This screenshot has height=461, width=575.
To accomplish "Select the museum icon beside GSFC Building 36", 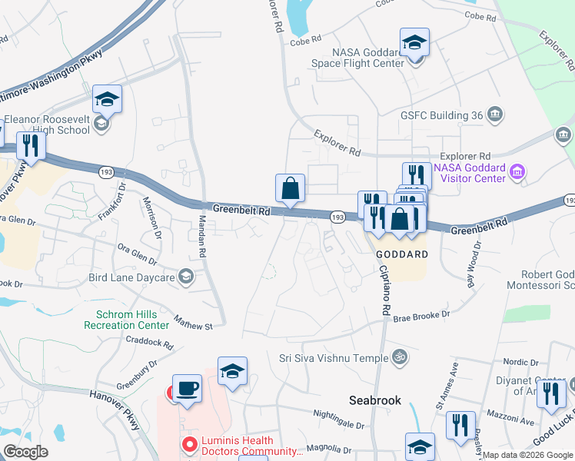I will pos(495,115).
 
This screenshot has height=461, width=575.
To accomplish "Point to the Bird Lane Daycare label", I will pos(132,276).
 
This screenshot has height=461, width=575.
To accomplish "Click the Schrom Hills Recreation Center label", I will pos(133,320).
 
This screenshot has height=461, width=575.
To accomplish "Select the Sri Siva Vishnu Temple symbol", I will pos(398,357).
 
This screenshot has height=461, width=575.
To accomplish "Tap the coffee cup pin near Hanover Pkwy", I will pos(187,389).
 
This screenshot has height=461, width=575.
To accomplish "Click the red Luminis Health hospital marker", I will pos(188,445).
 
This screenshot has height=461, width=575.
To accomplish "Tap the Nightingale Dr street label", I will pos(338,424).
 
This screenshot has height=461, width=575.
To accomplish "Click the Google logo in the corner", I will pos(25,452).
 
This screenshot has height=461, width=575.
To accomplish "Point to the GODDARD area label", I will pos(395,254).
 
